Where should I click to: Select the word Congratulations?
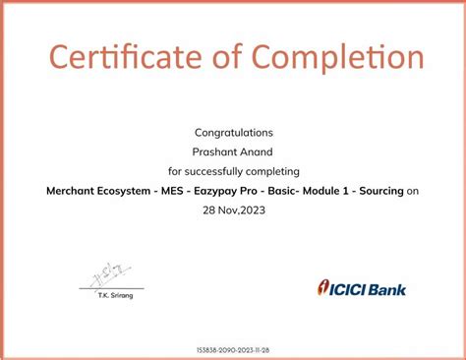[x=233, y=132]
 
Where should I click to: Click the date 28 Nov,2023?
[x=233, y=210]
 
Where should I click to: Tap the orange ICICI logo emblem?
[x=323, y=288]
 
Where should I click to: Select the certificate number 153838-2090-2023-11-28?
[x=233, y=349]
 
